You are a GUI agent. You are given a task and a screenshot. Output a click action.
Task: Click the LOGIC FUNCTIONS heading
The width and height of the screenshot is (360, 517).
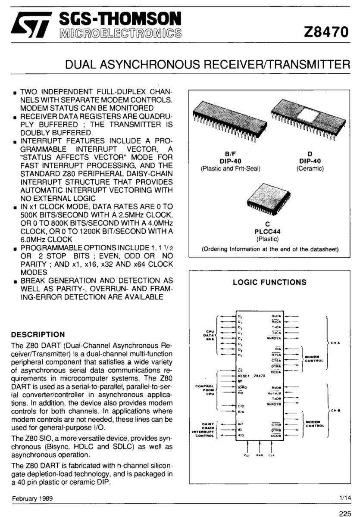point(269,283)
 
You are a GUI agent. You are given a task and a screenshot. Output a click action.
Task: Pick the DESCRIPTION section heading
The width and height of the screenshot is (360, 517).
point(38,334)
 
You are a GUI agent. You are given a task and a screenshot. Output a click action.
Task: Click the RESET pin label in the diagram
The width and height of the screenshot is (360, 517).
point(244,376)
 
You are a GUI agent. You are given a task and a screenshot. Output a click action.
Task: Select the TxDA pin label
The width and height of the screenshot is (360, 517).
point(276,327)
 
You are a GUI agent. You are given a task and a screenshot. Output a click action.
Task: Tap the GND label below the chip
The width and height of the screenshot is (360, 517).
point(260,455)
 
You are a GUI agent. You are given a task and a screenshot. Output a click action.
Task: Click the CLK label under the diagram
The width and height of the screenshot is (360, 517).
point(271,455)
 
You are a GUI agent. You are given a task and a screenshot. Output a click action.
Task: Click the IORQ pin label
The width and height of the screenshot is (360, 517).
point(242,387)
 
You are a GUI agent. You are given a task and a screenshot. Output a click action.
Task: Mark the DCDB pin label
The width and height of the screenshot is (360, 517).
point(276,436)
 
